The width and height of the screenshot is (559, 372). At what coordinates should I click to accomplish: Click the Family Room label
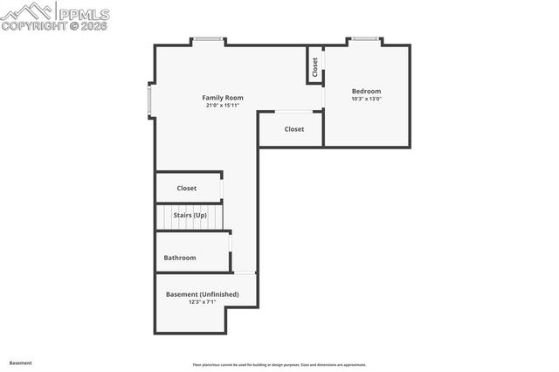tap(223, 98)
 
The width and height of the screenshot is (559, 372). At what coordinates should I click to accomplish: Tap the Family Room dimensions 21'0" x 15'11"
tap(223, 106)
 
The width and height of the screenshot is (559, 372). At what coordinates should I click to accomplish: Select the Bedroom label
tap(366, 91)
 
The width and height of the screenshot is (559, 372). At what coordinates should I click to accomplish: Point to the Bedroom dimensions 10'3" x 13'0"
tap(366, 99)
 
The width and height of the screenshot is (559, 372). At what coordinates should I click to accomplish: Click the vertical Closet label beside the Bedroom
tap(315, 67)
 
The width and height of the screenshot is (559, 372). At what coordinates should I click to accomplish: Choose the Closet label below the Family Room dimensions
tap(294, 129)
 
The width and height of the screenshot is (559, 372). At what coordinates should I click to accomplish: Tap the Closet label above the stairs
tap(187, 188)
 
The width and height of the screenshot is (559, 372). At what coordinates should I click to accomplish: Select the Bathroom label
tap(180, 258)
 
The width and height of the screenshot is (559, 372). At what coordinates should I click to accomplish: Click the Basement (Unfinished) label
tap(202, 294)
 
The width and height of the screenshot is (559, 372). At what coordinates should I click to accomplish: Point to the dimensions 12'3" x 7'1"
tap(202, 302)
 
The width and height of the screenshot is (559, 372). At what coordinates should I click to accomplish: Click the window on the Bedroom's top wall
tap(364, 39)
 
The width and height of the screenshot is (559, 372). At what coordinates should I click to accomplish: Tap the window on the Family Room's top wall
tap(208, 39)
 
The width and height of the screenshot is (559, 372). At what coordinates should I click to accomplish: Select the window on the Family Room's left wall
tap(150, 100)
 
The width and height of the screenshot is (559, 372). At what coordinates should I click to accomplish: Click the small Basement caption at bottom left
tap(20, 362)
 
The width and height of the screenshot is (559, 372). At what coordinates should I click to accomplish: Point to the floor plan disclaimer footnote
tap(279, 365)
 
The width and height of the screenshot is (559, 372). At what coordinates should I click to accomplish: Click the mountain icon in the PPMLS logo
tap(27, 10)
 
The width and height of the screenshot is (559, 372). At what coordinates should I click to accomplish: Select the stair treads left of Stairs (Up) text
tap(164, 216)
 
